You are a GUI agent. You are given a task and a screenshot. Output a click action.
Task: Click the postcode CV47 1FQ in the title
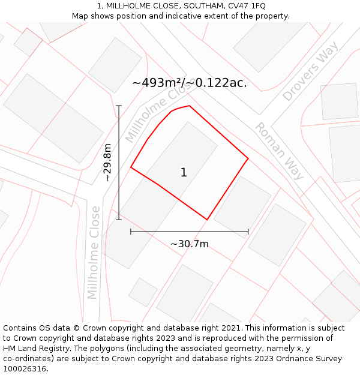[246, 6]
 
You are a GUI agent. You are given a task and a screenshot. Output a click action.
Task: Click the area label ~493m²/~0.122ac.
[189, 83]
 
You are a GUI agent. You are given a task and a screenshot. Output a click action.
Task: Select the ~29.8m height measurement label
[107, 162]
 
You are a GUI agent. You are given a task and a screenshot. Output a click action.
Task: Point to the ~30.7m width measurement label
[189, 244]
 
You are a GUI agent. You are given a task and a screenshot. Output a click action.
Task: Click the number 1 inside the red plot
[184, 173]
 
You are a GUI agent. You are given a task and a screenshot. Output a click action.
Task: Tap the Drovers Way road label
[310, 71]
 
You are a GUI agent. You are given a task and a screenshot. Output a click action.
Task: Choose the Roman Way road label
[279, 151]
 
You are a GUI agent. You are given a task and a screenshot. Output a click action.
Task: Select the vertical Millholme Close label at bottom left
[94, 252]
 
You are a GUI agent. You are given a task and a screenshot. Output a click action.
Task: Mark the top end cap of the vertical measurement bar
[119, 106]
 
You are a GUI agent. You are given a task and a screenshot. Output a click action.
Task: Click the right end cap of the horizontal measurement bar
[248, 232]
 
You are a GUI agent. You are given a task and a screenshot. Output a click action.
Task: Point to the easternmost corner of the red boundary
[248, 159]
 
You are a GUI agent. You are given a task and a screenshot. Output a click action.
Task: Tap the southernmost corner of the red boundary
[207, 220]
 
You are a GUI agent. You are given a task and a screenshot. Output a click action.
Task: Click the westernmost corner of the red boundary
[131, 167]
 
